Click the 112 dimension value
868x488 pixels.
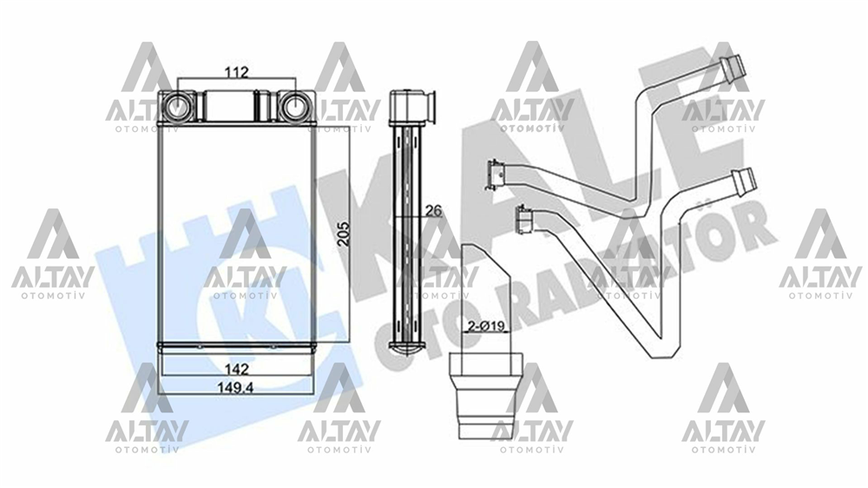(x=235, y=73)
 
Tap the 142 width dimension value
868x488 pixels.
(x=230, y=368)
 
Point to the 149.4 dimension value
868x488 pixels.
(x=235, y=388)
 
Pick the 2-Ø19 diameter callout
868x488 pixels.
(x=487, y=327)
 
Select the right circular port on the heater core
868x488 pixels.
(x=294, y=108)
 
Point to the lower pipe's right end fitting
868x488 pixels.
(x=745, y=181)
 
